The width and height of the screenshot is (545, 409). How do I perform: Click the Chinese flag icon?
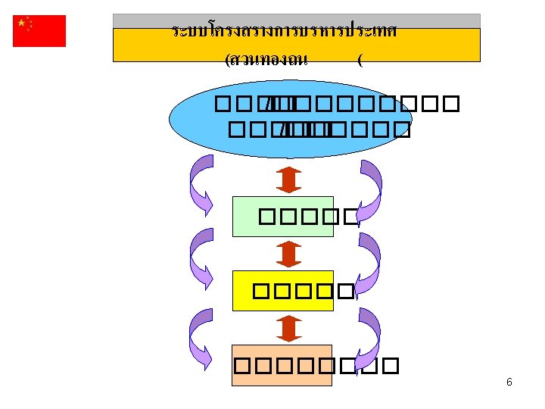[x=39, y=30]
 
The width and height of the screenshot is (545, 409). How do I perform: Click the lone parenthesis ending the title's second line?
[x=360, y=61]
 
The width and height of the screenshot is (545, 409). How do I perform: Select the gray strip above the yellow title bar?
[x=296, y=20]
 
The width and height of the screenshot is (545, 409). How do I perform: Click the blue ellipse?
[x=290, y=118]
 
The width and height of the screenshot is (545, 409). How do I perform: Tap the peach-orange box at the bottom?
[x=282, y=365]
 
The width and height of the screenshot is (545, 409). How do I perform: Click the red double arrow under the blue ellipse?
[x=289, y=179]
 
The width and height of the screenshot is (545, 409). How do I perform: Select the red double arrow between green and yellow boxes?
[x=289, y=254]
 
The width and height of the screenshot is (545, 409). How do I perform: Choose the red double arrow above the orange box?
[x=289, y=329]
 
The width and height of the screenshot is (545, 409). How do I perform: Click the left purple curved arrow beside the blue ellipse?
[x=200, y=184]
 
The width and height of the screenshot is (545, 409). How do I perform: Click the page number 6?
[x=509, y=382]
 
